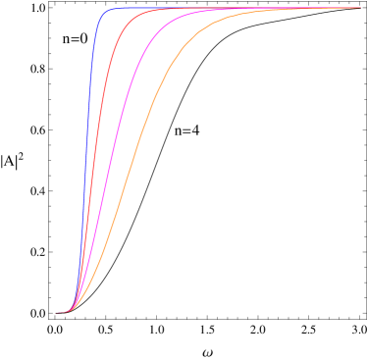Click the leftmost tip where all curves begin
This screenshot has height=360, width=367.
point(57,312)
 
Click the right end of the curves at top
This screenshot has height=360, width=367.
point(359,8)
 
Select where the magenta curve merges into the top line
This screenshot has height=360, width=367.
point(236,10)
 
